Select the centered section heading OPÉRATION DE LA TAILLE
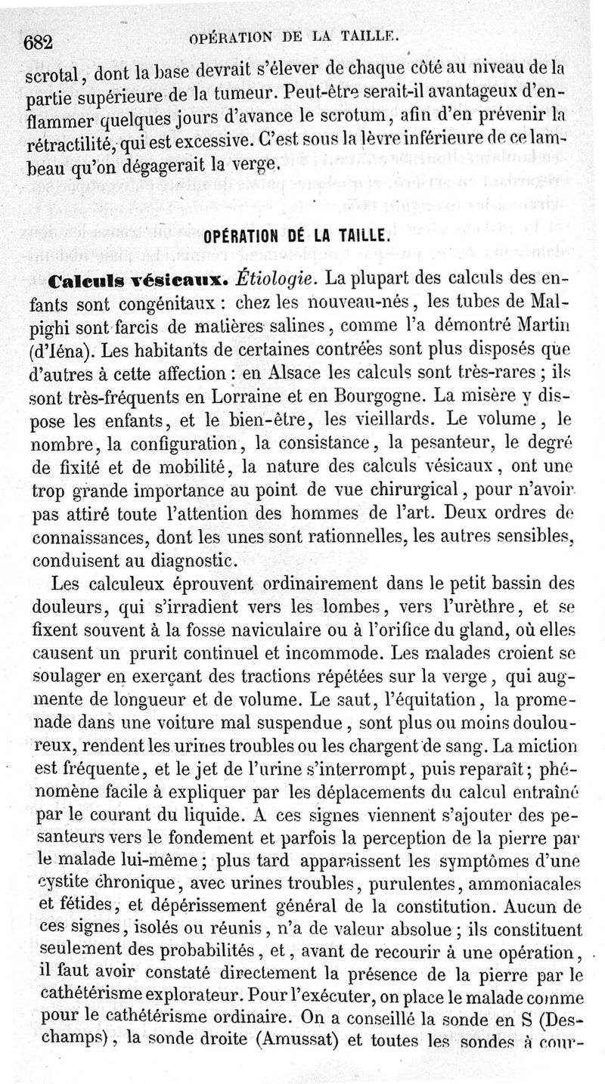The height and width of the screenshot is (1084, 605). [x=296, y=236]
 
